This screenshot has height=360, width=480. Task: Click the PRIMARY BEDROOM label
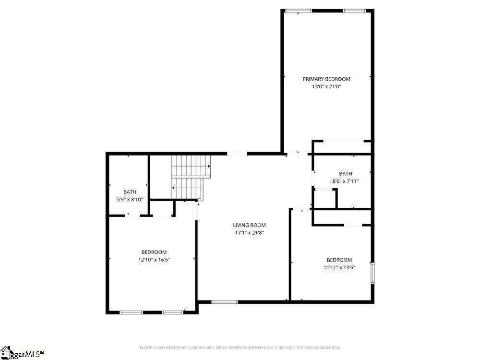click(326, 79)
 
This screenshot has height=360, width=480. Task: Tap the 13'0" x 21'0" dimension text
click(326, 87)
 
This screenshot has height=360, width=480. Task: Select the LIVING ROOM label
click(249, 225)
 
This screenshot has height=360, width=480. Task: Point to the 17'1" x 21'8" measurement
click(249, 233)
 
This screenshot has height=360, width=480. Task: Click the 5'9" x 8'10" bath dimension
click(130, 199)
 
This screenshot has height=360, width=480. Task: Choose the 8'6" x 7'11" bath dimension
click(345, 181)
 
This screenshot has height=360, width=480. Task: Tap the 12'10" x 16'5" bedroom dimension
click(154, 260)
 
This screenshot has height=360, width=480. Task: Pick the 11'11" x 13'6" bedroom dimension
click(339, 267)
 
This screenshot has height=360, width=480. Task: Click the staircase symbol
click(191, 178)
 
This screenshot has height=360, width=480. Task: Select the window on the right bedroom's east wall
click(372, 273)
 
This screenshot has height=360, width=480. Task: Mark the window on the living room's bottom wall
click(225, 302)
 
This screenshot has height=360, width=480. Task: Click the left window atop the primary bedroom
click(298, 11)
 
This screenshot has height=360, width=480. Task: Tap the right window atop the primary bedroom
click(354, 11)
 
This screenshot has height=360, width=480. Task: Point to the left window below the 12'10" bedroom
click(131, 312)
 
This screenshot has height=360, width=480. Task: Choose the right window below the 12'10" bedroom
click(172, 312)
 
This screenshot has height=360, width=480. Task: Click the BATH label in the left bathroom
click(130, 192)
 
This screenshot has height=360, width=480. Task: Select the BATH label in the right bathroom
click(345, 174)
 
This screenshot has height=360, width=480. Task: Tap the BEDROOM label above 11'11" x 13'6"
click(339, 260)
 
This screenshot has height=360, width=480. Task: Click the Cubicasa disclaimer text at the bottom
click(240, 348)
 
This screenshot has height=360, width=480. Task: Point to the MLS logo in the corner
click(22, 353)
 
